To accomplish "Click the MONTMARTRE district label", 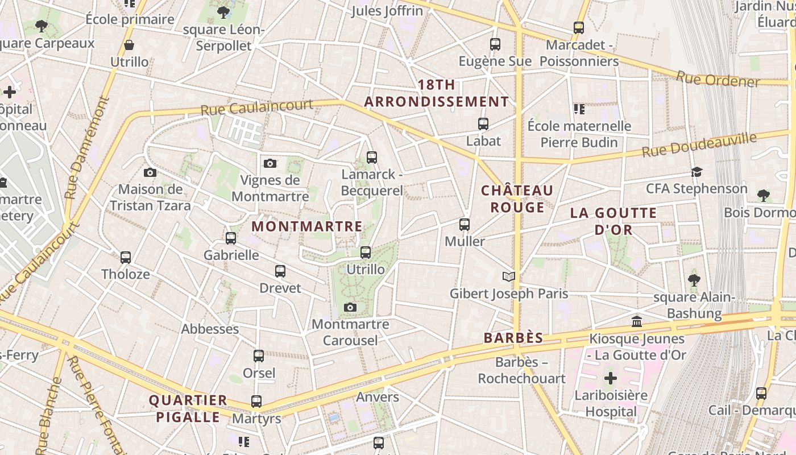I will tap(306, 226).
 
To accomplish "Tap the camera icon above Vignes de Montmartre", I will tap(270, 164).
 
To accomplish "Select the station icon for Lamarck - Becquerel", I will tap(372, 158).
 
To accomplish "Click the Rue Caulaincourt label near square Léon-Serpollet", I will tap(257, 107).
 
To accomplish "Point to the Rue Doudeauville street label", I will tap(699, 144).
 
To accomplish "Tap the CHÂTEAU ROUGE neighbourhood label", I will tap(517, 198).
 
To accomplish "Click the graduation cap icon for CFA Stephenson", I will tap(696, 172).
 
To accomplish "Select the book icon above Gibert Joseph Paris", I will tap(509, 277).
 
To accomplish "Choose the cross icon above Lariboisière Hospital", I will tap(611, 378).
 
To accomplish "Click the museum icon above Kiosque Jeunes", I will tap(637, 322).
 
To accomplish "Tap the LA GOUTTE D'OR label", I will tap(613, 221).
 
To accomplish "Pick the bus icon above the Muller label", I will tap(465, 225).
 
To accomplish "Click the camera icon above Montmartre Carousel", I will tap(350, 308).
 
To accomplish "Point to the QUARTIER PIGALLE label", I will tap(188, 408).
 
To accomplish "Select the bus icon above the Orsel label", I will tap(259, 357).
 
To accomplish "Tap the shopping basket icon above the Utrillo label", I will tap(130, 45).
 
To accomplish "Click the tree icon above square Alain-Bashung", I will tap(694, 280).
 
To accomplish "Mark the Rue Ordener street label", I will tap(718, 80).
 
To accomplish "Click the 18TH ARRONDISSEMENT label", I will tap(437, 93).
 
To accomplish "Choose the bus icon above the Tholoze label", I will tap(126, 258).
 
